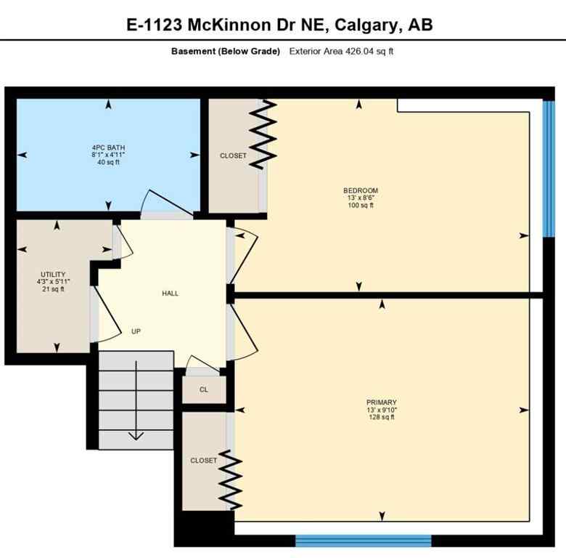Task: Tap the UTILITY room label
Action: pos(54,275)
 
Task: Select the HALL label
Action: pos(170,294)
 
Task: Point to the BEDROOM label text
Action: pos(361,191)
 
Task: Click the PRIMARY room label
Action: pos(381,403)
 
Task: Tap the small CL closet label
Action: pos(204,389)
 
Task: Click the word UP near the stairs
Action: pos(136,331)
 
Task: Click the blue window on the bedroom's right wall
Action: pos(549,169)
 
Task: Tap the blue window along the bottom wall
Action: pos(363,541)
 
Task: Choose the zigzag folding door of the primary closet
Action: pos(231,480)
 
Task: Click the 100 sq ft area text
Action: pos(361,206)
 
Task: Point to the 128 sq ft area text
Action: pos(381,417)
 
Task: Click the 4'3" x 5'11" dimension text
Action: pos(54,282)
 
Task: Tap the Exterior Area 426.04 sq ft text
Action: pos(341,52)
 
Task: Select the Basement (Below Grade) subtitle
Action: pos(225,52)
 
